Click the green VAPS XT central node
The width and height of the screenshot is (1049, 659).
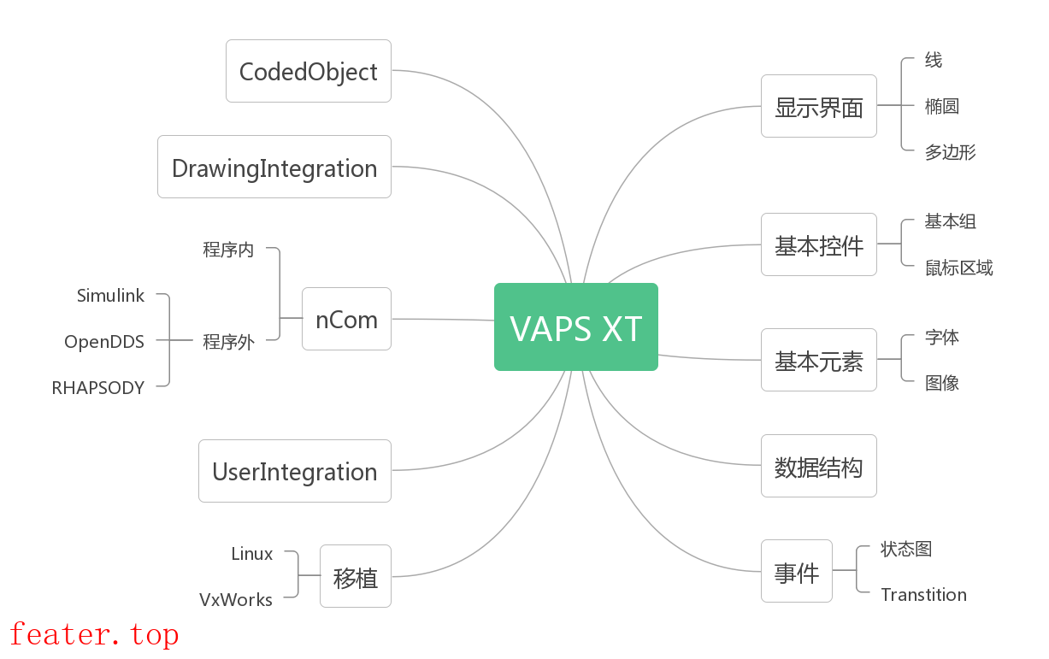tap(575, 327)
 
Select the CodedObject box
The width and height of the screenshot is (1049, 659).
tap(308, 71)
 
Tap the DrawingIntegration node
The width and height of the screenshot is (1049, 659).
tap(274, 168)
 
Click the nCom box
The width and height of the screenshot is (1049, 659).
tap(346, 319)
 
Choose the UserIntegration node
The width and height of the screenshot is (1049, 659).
tap(294, 471)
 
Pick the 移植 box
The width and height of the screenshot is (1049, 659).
tap(355, 577)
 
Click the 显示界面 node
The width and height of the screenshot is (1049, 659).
tap(818, 106)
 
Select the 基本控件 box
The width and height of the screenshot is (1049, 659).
tap(818, 245)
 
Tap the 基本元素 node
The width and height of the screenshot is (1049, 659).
tap(818, 361)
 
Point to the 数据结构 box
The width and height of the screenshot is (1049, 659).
tap(818, 467)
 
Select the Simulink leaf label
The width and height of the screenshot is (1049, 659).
tap(110, 296)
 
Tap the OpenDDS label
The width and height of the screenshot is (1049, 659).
tap(104, 342)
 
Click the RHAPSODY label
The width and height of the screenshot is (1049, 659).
tap(98, 388)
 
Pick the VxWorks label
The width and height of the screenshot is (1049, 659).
tap(236, 600)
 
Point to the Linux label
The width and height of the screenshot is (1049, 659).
tap(252, 554)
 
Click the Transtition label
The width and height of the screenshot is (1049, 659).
tap(923, 595)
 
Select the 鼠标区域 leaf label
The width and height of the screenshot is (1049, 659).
tap(958, 268)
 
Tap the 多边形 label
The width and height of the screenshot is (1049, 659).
tap(950, 153)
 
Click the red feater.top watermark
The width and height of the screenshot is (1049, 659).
tap(94, 634)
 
